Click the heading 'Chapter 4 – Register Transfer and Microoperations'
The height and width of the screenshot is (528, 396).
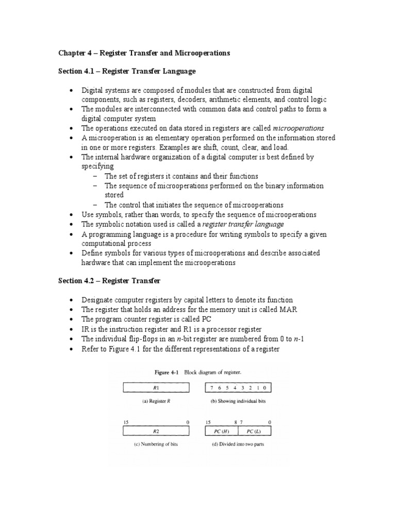coord(143,53)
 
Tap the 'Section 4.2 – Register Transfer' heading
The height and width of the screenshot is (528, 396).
coord(109,280)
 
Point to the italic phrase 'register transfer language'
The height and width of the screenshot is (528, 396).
coord(243,224)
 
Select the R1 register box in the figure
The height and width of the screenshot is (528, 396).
coord(156,388)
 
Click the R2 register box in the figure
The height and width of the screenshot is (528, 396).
coord(156,431)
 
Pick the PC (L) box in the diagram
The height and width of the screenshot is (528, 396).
coord(255,431)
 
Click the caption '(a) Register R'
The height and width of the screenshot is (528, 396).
coord(155,401)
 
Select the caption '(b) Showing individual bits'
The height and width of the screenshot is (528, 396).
coord(238,401)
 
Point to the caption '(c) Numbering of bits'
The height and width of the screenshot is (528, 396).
coord(156,444)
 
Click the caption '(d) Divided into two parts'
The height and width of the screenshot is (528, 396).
coord(238,444)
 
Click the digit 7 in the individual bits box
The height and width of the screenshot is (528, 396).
coord(212,388)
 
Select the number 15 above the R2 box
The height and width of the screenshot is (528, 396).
coord(125,421)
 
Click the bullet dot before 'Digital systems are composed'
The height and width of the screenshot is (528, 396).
coord(71,90)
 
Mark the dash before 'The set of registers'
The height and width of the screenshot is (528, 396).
coord(95,176)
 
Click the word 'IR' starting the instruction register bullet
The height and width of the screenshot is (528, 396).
coord(86,329)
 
